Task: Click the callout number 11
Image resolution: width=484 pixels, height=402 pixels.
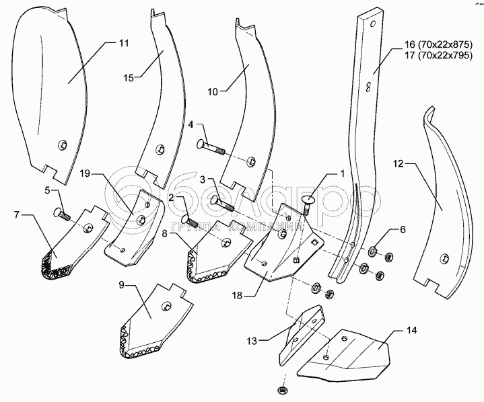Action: [123, 43]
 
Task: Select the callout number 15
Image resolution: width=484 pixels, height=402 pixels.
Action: [129, 78]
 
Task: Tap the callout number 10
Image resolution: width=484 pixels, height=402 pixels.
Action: [213, 91]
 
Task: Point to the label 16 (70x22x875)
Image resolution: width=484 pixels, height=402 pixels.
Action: [439, 44]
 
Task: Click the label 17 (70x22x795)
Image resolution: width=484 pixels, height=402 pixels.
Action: [439, 56]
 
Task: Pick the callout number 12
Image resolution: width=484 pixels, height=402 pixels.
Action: [399, 164]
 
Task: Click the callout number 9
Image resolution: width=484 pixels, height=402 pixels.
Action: [121, 285]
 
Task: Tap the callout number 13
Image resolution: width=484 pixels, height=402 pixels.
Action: [252, 341]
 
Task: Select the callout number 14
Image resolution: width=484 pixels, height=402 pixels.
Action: [412, 330]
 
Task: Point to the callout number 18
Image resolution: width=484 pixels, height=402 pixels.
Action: [238, 296]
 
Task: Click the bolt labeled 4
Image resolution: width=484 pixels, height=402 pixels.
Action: [211, 147]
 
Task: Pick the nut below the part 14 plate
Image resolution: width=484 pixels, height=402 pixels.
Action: [281, 389]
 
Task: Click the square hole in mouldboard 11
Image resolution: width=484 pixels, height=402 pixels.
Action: [63, 145]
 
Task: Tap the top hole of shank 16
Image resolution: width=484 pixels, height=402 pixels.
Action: [372, 23]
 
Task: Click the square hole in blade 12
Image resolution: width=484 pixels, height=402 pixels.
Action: [445, 257]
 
